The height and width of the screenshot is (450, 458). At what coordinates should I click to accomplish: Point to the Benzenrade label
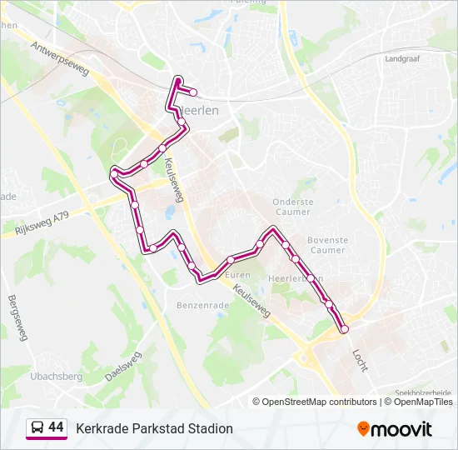pos(202,306)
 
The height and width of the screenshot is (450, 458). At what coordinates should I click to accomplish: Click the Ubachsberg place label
pos(57,375)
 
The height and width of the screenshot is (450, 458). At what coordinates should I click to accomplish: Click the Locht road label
pos(360,360)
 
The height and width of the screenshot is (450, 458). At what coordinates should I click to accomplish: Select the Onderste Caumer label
pos(293,207)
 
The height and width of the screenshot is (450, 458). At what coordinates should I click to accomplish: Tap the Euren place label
pos(238,274)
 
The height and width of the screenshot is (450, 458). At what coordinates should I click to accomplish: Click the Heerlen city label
pos(200,110)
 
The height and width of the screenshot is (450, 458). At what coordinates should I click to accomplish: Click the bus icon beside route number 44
pos(37,428)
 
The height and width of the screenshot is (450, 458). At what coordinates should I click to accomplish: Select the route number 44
pos(56,427)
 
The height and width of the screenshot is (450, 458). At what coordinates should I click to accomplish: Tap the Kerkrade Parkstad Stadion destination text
pos(154,428)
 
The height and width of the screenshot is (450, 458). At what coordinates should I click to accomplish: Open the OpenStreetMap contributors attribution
pos(320,402)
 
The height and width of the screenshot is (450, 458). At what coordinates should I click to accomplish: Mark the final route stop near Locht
pos(345,330)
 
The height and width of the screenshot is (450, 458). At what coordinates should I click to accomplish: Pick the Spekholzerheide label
pos(425,392)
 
